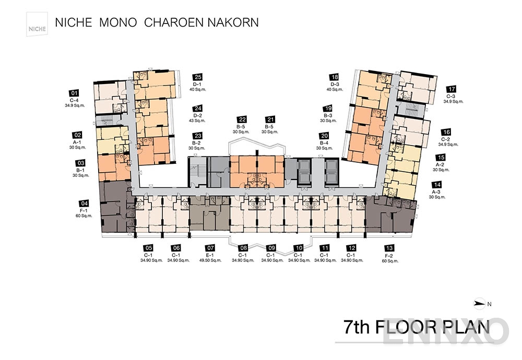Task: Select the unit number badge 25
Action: pyautogui.click(x=197, y=76)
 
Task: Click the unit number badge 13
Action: pyautogui.click(x=388, y=248)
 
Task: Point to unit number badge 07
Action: pyautogui.click(x=210, y=248)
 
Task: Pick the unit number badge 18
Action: pyautogui.click(x=335, y=76)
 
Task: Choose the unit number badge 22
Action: pyautogui.click(x=242, y=119)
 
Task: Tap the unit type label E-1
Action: pyautogui.click(x=210, y=255)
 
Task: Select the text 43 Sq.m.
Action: pyautogui.click(x=197, y=121)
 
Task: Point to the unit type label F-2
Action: pyautogui.click(x=388, y=255)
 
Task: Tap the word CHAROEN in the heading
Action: pyautogui.click(x=173, y=22)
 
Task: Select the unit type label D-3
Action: pyautogui.click(x=335, y=84)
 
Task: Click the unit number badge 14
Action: pyautogui.click(x=437, y=185)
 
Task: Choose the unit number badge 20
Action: pyautogui.click(x=325, y=135)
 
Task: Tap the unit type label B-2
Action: pyautogui.click(x=197, y=143)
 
